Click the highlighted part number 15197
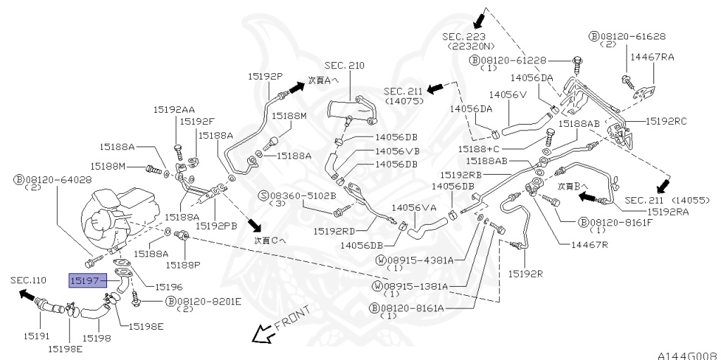pyautogui.click(x=86, y=280)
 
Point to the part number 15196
pyautogui.click(x=168, y=287)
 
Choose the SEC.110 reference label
pyautogui.click(x=28, y=280)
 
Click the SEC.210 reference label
pyautogui.click(x=344, y=66)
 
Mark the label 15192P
pyautogui.click(x=265, y=75)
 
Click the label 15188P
pyautogui.click(x=183, y=264)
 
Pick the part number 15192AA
pyautogui.click(x=175, y=109)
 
